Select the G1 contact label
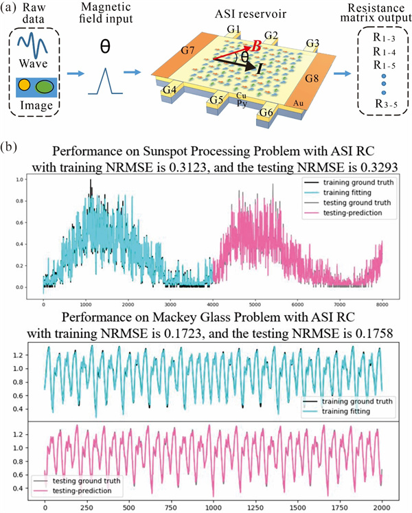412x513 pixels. tap(235, 30)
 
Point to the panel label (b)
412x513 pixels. tap(14, 146)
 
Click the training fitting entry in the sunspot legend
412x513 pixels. tap(356, 194)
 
